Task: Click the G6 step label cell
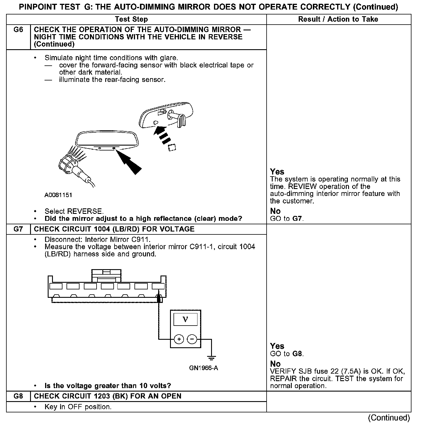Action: click(18, 30)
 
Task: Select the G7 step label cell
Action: click(18, 229)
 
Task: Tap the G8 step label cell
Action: click(18, 396)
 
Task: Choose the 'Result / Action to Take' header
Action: click(338, 19)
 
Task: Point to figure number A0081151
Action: click(58, 195)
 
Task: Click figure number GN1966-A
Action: click(204, 368)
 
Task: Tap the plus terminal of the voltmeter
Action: click(179, 339)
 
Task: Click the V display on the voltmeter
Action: click(185, 319)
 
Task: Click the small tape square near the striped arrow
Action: click(172, 148)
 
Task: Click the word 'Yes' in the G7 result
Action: click(277, 346)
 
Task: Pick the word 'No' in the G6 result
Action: click(275, 211)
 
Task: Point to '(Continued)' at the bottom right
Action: click(389, 418)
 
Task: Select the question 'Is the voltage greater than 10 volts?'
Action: click(108, 386)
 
